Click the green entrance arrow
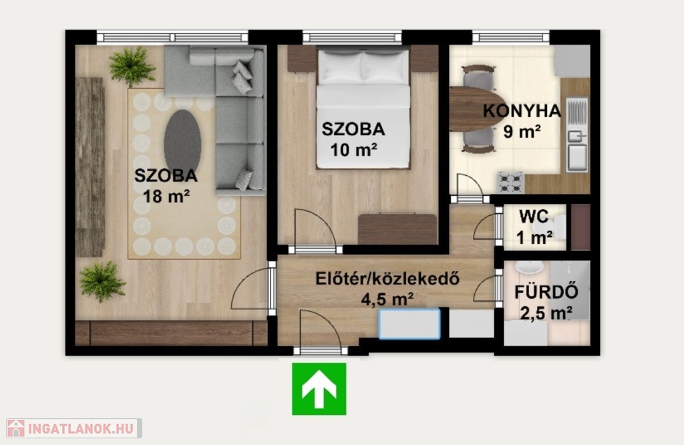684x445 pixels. (319, 389)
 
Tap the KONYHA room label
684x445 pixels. (522, 111)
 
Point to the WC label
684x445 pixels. (534, 216)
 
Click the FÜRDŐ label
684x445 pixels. (546, 292)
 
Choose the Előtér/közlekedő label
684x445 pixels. (387, 279)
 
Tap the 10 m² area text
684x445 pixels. (354, 150)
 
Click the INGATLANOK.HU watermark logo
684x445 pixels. (73, 428)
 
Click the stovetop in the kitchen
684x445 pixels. (511, 183)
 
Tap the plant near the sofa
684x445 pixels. (132, 66)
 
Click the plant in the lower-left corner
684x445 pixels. (102, 281)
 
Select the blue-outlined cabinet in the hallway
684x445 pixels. (409, 323)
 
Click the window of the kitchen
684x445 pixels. (511, 37)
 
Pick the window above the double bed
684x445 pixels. (352, 37)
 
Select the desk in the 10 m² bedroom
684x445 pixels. (397, 229)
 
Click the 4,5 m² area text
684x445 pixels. (387, 300)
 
